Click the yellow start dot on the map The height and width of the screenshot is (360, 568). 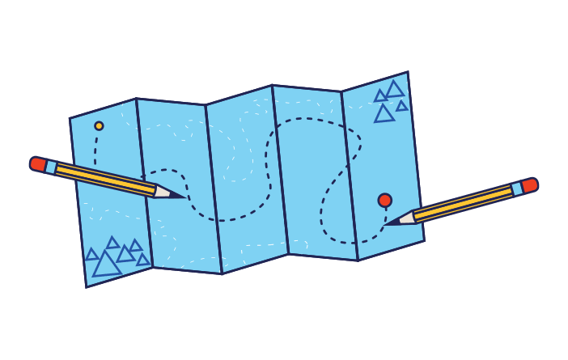pyautogui.click(x=99, y=125)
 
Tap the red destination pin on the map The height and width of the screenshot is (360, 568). pyautogui.click(x=384, y=200)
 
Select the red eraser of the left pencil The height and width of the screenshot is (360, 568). pyautogui.click(x=37, y=163)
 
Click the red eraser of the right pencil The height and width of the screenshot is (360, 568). pyautogui.click(x=529, y=185)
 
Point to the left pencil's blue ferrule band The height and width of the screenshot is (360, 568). pyautogui.click(x=51, y=167)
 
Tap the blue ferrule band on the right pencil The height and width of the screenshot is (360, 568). pyautogui.click(x=516, y=189)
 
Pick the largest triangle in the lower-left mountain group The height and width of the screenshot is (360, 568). pyautogui.click(x=106, y=265)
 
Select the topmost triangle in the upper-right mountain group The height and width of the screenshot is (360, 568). pyautogui.click(x=394, y=90)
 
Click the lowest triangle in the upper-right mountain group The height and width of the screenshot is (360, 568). pyautogui.click(x=384, y=114)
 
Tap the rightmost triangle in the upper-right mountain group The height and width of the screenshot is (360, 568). pyautogui.click(x=402, y=106)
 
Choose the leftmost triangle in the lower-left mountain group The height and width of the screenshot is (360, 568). pyautogui.click(x=91, y=255)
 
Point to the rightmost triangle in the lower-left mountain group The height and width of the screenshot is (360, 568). pyautogui.click(x=143, y=260)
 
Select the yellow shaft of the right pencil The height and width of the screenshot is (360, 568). pyautogui.click(x=461, y=204)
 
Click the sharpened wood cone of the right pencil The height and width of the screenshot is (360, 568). pyautogui.click(x=405, y=218)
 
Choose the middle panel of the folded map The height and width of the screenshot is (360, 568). pyautogui.click(x=243, y=178)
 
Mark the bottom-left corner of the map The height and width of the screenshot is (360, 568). pyautogui.click(x=87, y=286)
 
